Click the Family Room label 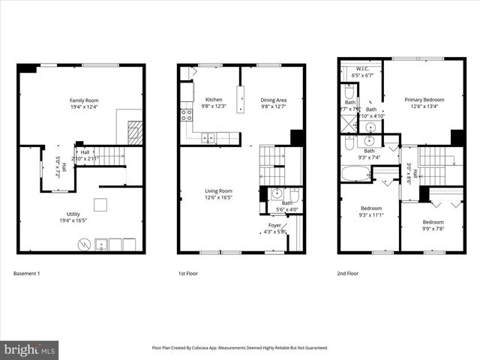[x=84, y=100]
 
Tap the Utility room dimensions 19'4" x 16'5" [x=84, y=220]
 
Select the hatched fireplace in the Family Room [x=134, y=132]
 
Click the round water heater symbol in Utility [x=85, y=244]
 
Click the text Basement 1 [x=27, y=274]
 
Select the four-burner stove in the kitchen [x=185, y=115]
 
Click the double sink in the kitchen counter [x=210, y=137]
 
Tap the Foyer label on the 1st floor [x=276, y=225]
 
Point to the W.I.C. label [x=361, y=67]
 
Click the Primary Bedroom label [x=424, y=99]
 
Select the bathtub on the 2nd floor [x=355, y=174]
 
